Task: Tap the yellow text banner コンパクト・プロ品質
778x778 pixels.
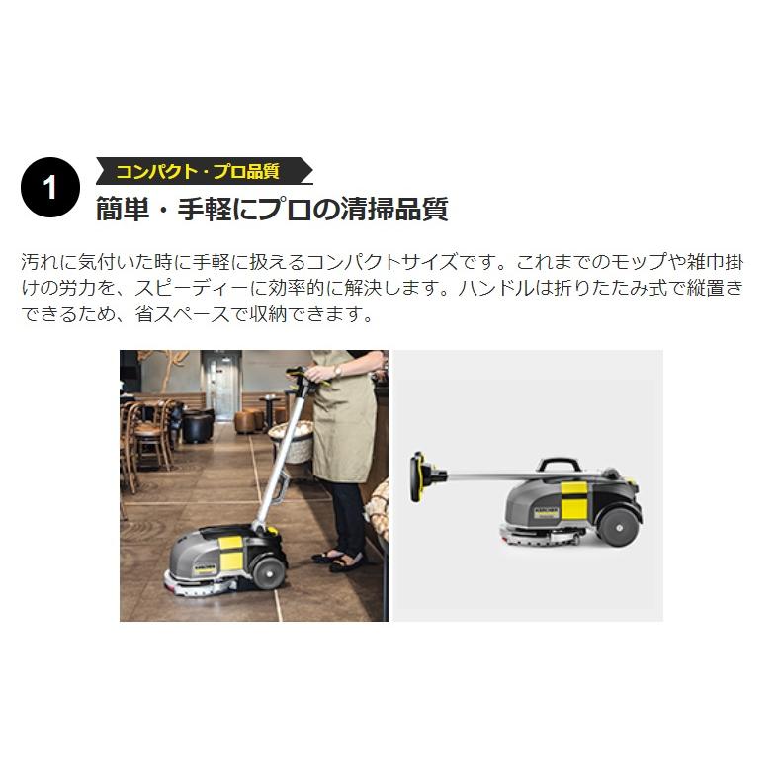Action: click(198, 171)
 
